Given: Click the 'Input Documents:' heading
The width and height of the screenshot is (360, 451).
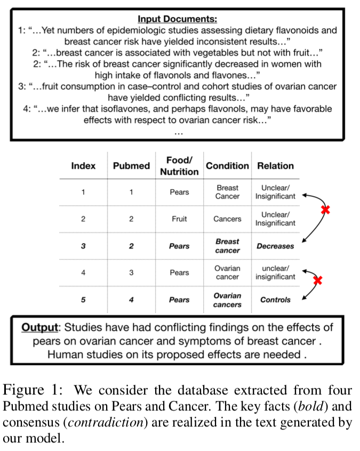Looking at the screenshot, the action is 177,19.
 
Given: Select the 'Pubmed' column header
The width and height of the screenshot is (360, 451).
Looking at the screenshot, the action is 131,166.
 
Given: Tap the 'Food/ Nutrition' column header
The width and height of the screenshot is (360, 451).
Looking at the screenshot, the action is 179,166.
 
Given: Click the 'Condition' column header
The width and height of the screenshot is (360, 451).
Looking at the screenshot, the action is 227,166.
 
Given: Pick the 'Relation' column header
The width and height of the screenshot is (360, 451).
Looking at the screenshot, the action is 275,166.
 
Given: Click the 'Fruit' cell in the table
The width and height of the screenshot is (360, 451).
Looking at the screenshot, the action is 179,219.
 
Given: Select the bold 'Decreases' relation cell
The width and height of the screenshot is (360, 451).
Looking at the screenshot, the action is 275,246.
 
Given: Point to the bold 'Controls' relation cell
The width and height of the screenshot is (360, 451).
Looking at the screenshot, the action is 275,300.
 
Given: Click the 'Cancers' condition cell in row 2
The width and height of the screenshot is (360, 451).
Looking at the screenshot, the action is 227,219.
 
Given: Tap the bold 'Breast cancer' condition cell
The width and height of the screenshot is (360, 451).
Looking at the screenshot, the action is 227,246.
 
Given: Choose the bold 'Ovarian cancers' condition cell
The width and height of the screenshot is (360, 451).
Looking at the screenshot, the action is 227,300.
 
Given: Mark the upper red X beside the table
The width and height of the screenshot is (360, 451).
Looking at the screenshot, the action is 325,210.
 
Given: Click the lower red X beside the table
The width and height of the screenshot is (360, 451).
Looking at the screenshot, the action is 318,280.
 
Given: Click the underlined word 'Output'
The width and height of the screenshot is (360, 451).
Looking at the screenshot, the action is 39,327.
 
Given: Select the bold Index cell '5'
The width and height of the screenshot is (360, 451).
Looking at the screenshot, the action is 83,300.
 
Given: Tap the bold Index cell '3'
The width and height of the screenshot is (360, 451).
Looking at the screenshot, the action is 83,246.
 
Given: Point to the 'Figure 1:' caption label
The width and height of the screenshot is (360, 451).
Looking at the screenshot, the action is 33,391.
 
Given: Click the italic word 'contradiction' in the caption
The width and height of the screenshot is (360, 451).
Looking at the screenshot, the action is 106,423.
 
